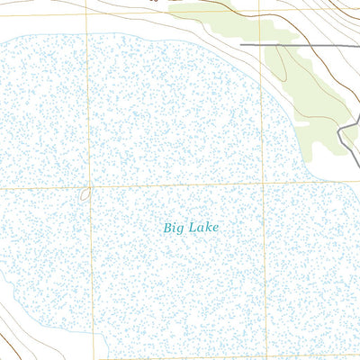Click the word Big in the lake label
(x=173, y=229)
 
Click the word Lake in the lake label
(x=202, y=228)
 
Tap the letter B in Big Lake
(x=168, y=228)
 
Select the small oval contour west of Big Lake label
(x=85, y=193)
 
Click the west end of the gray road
(x=241, y=44)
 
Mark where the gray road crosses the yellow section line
(x=262, y=44)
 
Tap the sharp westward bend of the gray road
(x=337, y=133)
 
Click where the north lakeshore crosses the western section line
(x=88, y=37)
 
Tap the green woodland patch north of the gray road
(x=216, y=22)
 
